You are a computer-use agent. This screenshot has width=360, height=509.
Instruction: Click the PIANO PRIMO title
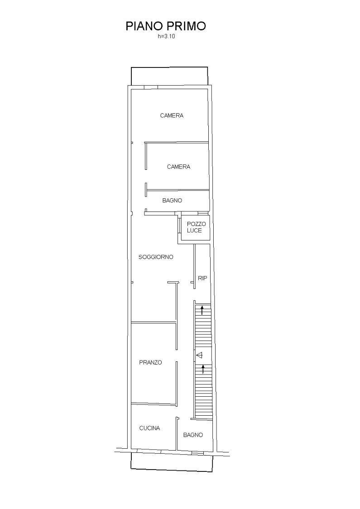click(166, 26)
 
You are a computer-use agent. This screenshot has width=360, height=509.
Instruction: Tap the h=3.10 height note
click(166, 36)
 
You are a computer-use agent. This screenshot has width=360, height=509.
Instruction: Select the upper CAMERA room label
click(172, 115)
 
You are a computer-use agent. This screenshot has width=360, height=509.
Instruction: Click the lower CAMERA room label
click(178, 167)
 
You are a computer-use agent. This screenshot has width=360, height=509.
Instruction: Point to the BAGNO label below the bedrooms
click(172, 201)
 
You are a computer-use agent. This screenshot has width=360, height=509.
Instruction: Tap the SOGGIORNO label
click(156, 257)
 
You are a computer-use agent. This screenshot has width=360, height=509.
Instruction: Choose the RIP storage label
click(202, 278)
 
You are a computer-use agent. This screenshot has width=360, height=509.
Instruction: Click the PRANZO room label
click(150, 363)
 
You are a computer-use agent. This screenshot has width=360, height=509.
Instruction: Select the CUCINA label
click(149, 428)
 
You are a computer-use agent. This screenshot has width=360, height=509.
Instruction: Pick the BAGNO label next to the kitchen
click(193, 435)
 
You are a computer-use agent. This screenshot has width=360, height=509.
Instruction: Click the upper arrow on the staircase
click(202, 310)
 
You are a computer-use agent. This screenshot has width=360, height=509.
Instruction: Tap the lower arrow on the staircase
click(203, 369)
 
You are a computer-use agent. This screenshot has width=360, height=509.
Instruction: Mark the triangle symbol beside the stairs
click(199, 355)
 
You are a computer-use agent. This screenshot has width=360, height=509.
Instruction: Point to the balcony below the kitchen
click(172, 462)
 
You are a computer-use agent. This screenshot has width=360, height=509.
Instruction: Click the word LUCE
click(194, 230)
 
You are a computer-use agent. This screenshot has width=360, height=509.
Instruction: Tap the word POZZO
click(197, 224)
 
